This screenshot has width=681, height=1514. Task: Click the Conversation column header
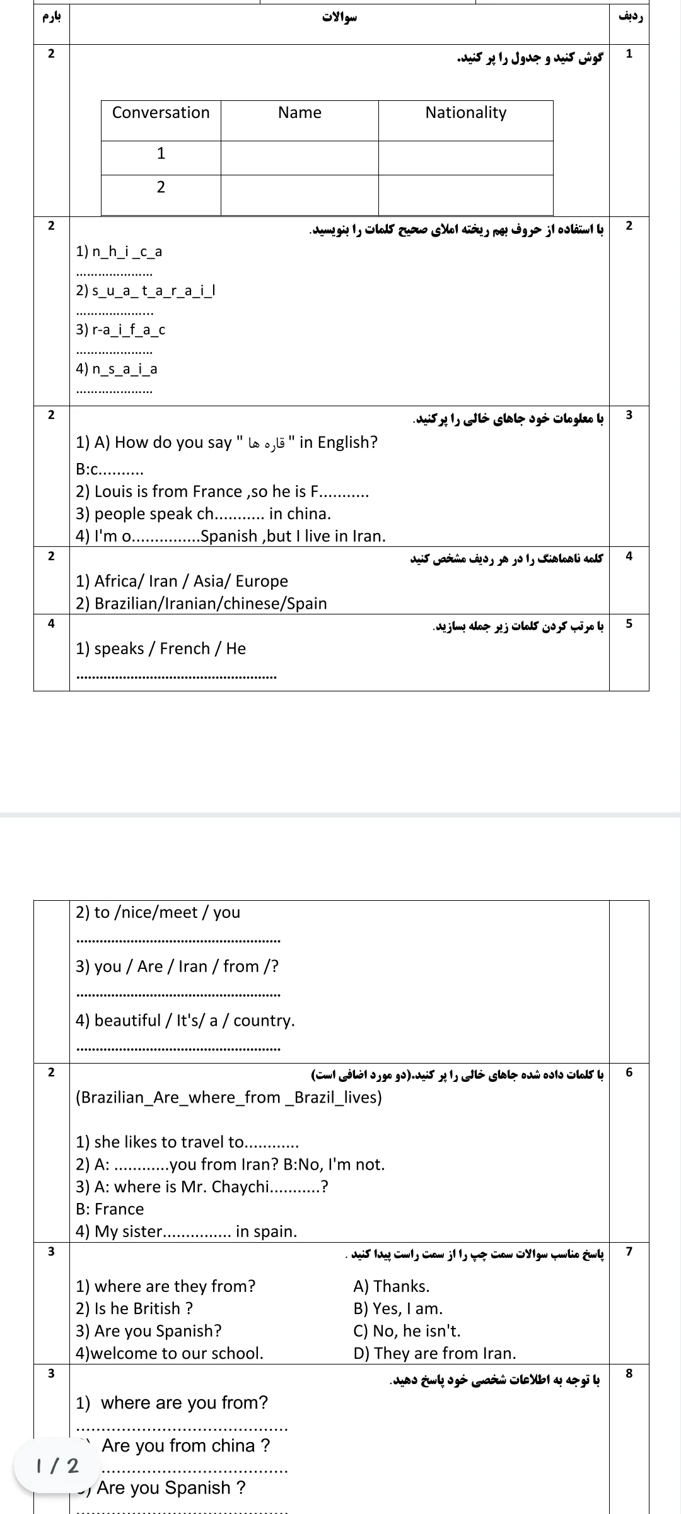[x=161, y=113]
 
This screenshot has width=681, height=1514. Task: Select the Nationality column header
[x=465, y=113]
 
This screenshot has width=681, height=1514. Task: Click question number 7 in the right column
[x=628, y=1252]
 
